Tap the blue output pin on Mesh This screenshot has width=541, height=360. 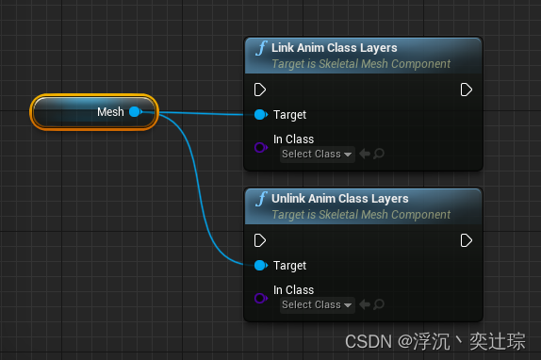pyautogui.click(x=135, y=112)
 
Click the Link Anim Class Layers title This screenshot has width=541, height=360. pyautogui.click(x=334, y=48)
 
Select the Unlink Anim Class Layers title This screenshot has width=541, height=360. pyautogui.click(x=339, y=199)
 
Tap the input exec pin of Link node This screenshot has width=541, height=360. pyautogui.click(x=260, y=90)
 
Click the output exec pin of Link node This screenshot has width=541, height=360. pyautogui.click(x=466, y=90)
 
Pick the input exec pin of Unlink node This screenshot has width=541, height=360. pyautogui.click(x=260, y=240)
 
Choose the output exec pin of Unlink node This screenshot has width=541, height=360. pyautogui.click(x=466, y=240)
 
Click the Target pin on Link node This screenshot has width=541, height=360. pyautogui.click(x=260, y=115)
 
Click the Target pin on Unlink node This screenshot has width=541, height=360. pyautogui.click(x=260, y=266)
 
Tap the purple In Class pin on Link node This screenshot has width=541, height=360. pyautogui.click(x=261, y=147)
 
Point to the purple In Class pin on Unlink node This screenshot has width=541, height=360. pyautogui.click(x=261, y=298)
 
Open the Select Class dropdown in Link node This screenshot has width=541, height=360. pyautogui.click(x=317, y=155)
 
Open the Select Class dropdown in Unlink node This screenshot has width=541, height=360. pyautogui.click(x=317, y=305)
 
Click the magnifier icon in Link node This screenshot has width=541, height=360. pyautogui.click(x=379, y=155)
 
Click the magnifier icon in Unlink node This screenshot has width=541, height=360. pyautogui.click(x=379, y=305)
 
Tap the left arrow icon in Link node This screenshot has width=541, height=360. pyautogui.click(x=365, y=155)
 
